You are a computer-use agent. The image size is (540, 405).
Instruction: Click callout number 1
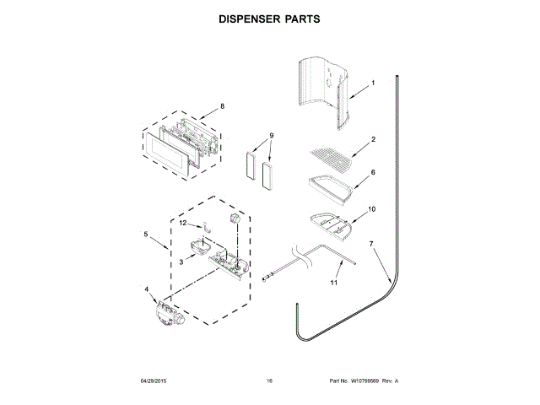[372, 84]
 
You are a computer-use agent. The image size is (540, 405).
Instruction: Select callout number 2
[372, 140]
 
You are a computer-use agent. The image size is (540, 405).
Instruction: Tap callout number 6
[372, 171]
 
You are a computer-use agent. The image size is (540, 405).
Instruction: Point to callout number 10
[372, 208]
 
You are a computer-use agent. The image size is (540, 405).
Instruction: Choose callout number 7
[370, 244]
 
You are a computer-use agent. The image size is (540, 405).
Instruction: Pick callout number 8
[222, 106]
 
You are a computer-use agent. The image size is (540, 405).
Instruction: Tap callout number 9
[272, 136]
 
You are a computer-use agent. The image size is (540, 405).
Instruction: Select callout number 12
[182, 223]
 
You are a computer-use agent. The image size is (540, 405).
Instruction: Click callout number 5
[145, 234]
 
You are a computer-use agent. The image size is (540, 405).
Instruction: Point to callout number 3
[181, 262]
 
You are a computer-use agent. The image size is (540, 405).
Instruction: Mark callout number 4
[148, 289]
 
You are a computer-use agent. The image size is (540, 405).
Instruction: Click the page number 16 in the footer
[269, 381]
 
